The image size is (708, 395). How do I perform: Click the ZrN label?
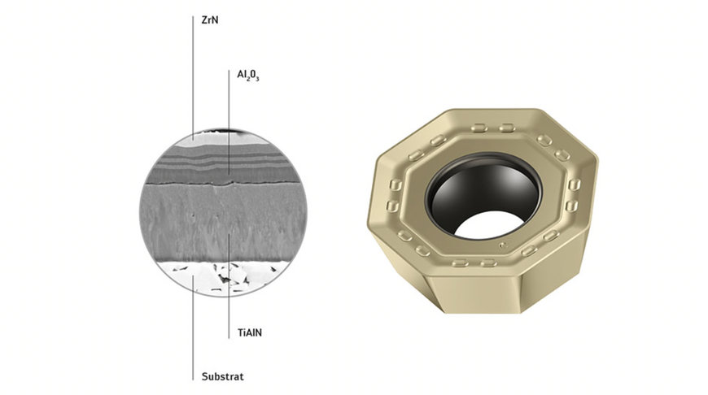coord(210,20)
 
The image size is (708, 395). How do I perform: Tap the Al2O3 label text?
coord(248,76)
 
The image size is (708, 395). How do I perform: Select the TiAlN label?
coord(250,332)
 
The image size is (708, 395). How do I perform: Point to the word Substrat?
coord(223,376)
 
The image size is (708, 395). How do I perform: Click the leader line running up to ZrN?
coord(193,77)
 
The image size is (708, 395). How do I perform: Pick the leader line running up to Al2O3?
coord(229,122)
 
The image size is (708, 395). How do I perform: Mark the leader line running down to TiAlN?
coord(229,285)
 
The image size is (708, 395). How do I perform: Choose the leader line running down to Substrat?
coord(193,328)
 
